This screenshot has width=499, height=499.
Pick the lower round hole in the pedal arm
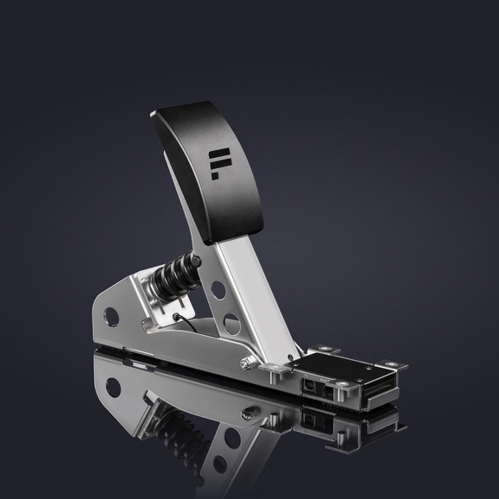(231, 324)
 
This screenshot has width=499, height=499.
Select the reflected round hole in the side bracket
(112, 387)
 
